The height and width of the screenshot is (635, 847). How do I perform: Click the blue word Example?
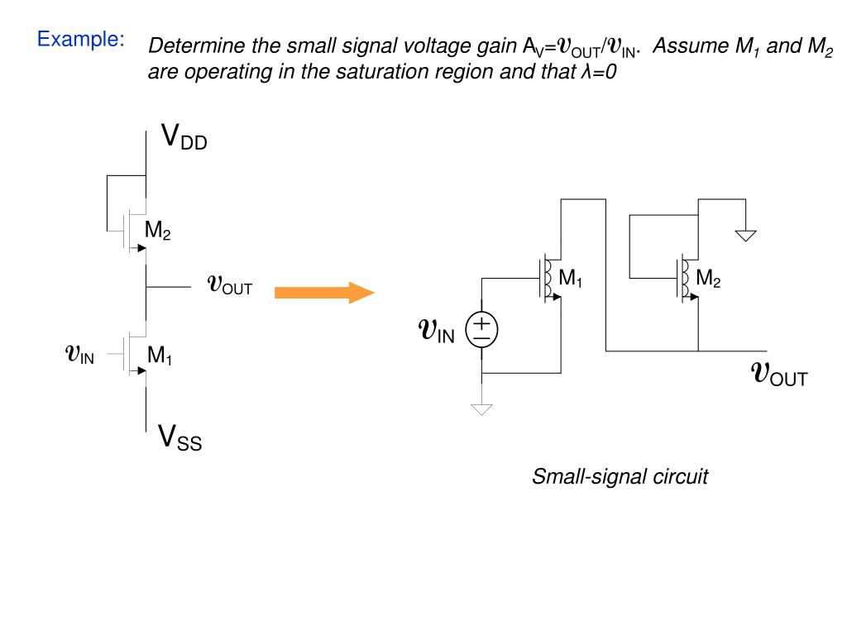[80, 40]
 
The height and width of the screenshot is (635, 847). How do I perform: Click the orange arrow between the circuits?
[324, 293]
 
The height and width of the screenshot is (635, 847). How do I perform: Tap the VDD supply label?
[184, 136]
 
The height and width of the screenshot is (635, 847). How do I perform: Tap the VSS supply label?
[179, 437]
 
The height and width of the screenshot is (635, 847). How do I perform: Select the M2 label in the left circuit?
[158, 230]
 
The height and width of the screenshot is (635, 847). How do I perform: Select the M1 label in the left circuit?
[160, 356]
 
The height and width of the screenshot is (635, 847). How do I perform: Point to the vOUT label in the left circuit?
[230, 284]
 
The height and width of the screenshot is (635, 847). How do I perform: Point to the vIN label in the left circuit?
[79, 354]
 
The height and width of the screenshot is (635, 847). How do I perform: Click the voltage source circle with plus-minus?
[481, 330]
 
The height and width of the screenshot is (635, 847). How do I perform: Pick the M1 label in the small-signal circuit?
[571, 278]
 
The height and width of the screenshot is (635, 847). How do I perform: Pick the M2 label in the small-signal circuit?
[708, 278]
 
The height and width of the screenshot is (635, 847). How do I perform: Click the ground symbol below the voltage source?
[481, 409]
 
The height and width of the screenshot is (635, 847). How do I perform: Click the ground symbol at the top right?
[745, 236]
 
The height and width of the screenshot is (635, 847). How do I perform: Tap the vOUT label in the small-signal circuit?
[779, 374]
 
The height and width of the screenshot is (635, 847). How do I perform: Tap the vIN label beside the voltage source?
[437, 330]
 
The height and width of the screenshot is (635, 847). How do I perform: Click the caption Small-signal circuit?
[620, 476]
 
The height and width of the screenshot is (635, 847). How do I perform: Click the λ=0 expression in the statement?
[599, 71]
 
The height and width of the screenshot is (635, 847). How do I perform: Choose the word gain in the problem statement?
[497, 47]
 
